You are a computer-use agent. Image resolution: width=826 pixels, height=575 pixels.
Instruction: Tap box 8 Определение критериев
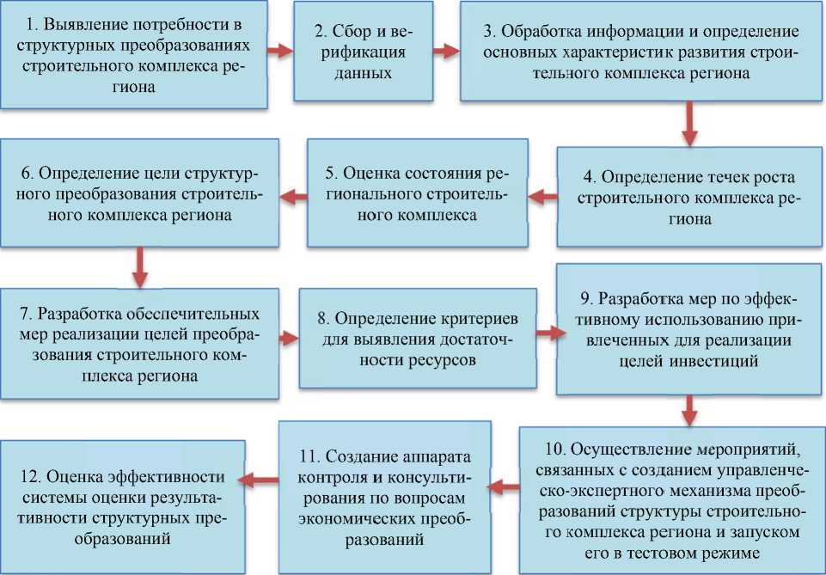pyautogui.click(x=419, y=339)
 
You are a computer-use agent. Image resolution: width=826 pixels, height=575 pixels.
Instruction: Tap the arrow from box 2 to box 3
pyautogui.click(x=444, y=51)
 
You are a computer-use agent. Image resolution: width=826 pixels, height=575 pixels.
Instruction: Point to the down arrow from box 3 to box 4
pyautogui.click(x=687, y=125)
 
